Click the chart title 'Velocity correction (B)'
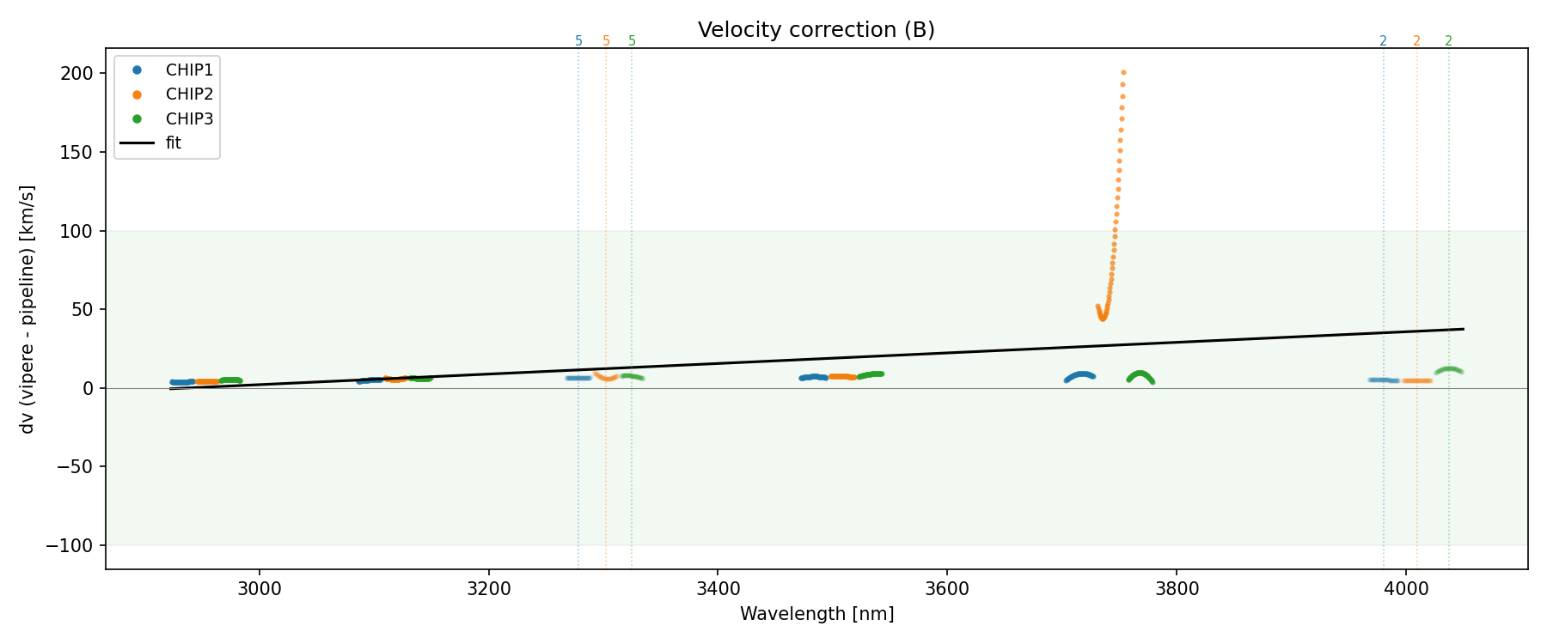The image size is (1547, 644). pyautogui.click(x=816, y=30)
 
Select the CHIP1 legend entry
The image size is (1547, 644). pyautogui.click(x=189, y=70)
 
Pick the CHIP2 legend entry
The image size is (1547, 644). pyautogui.click(x=189, y=94)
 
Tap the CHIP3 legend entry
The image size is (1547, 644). pyautogui.click(x=189, y=118)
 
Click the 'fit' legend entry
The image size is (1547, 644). pyautogui.click(x=174, y=143)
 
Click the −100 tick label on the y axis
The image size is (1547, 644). pyautogui.click(x=75, y=546)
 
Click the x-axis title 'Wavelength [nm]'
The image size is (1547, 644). pyautogui.click(x=816, y=614)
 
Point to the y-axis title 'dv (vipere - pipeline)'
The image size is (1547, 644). pyautogui.click(x=28, y=309)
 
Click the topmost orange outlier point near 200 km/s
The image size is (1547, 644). pyautogui.click(x=1123, y=72)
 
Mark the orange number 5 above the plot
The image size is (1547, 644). pyautogui.click(x=606, y=41)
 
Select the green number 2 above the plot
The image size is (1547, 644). pyautogui.click(x=1448, y=41)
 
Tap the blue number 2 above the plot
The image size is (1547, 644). pyautogui.click(x=1383, y=41)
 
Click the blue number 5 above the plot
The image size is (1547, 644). pyautogui.click(x=578, y=41)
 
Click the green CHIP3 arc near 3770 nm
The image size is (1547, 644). pyautogui.click(x=1140, y=374)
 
